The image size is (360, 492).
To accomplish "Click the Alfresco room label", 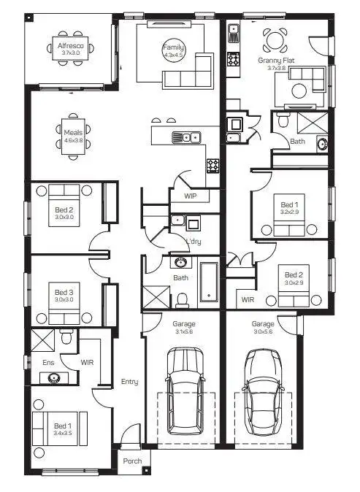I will tap(71, 46).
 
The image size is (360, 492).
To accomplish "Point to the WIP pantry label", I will tap(191, 196).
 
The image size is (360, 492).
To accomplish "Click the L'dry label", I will tap(194, 242).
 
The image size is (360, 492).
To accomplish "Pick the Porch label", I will tap(132, 461).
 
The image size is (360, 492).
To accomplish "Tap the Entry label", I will tap(129, 381).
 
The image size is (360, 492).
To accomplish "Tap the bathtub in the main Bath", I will tap(208, 283).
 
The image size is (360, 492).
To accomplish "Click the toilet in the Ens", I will tap(66, 337).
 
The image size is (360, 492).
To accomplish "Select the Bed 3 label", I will tap(64, 292).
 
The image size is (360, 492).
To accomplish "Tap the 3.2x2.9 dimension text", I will tap(290, 212).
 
